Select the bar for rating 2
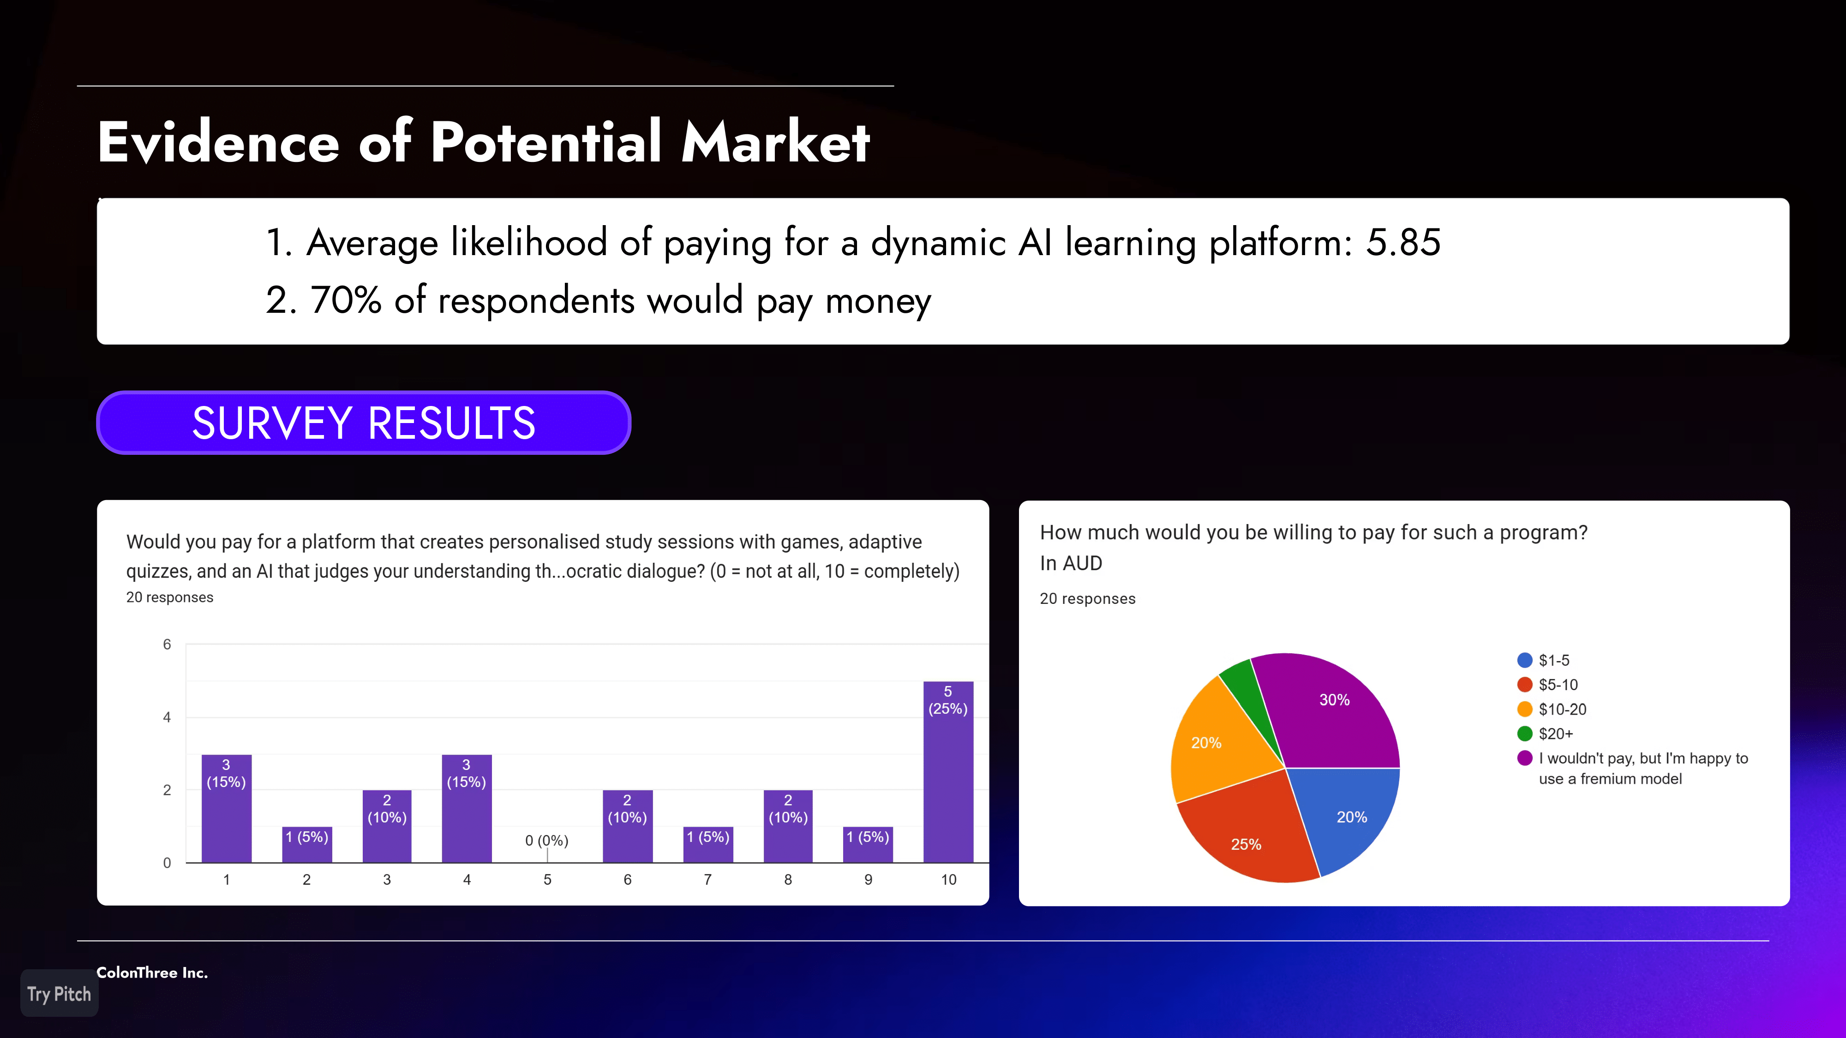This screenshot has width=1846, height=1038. pos(307,845)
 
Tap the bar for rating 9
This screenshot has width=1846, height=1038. pos(868,845)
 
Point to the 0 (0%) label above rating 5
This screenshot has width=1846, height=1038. pos(547,840)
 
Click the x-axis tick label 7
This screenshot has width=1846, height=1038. pos(707,880)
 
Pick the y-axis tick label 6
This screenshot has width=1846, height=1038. pos(167,644)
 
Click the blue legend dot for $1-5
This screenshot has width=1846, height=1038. pos(1525,660)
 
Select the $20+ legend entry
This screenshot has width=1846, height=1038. pos(1545,734)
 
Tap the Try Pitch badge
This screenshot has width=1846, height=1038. pos(60,994)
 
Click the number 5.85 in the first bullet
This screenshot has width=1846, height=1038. pos(1403,242)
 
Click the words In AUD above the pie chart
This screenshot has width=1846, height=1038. pos(1071,563)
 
